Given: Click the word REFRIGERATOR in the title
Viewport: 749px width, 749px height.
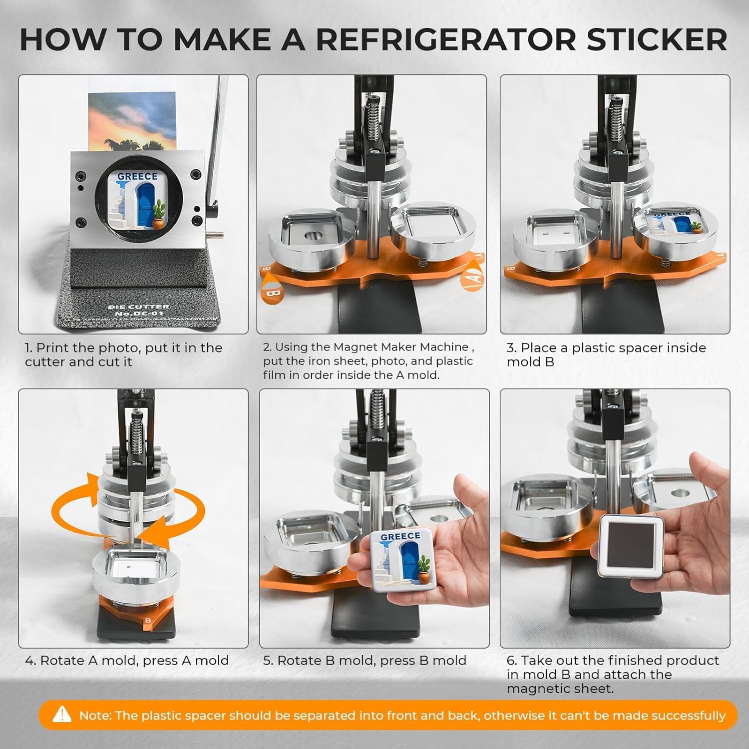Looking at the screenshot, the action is pos(447,39).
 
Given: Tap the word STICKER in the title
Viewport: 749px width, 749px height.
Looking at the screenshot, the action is pos(657,39).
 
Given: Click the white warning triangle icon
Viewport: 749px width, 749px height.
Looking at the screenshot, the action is pos(62,715).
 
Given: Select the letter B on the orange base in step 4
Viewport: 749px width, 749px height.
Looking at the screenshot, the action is pos(148,621).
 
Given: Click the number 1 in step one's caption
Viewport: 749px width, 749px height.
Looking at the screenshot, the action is pos(28,348).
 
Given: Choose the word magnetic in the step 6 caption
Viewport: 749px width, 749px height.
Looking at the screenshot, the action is pos(538,689).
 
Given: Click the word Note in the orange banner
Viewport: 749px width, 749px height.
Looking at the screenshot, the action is pos(94,716).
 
